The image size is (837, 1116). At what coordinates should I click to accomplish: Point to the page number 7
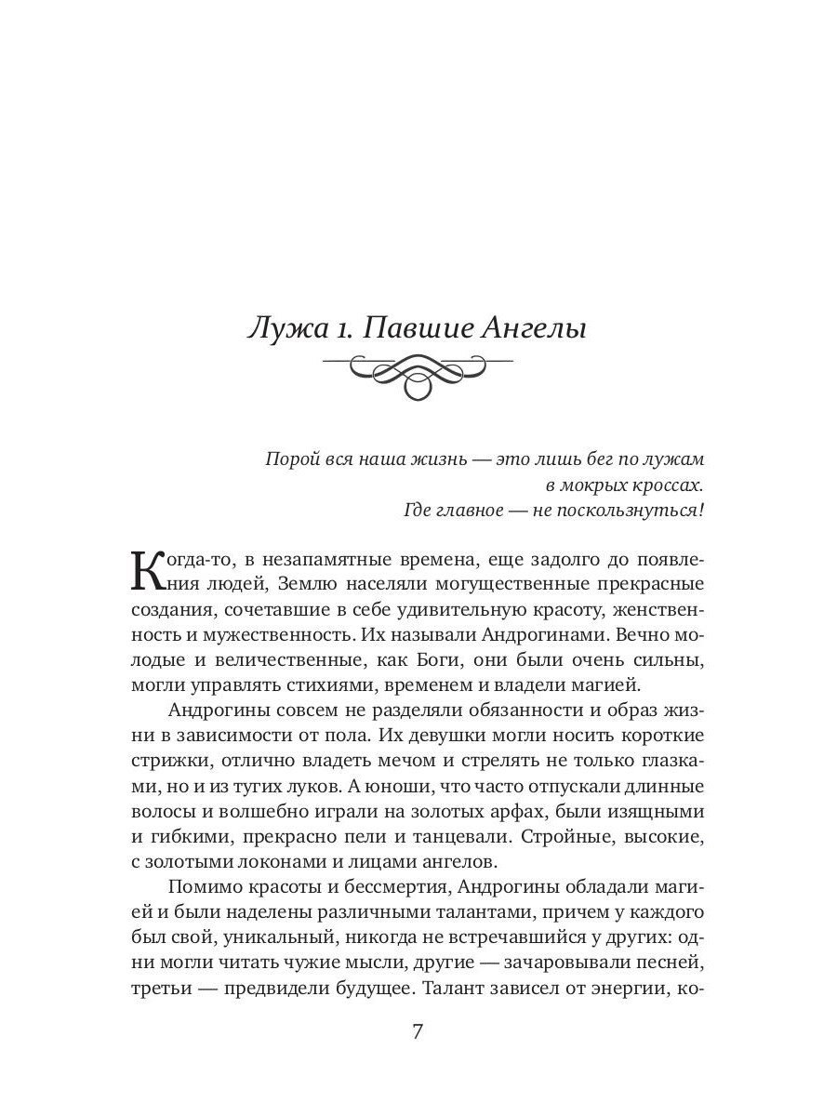click(x=418, y=1032)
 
